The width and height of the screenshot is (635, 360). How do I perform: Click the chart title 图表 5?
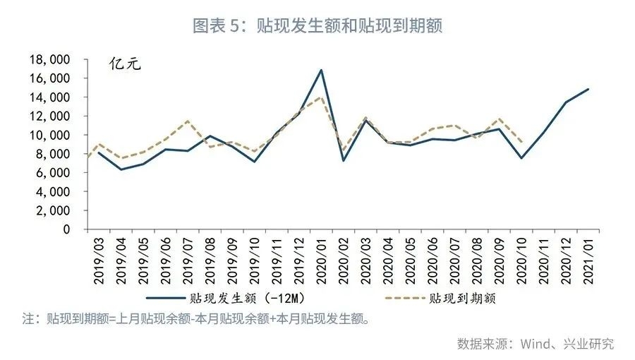tap(317, 26)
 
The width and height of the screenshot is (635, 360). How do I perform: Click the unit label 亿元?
tap(126, 65)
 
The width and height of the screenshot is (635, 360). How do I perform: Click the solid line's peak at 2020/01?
tap(322, 70)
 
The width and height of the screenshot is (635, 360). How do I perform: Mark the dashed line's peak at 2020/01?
tap(322, 97)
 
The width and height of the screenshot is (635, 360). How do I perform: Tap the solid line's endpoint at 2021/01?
tap(588, 89)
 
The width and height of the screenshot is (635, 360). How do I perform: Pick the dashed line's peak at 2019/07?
tap(188, 121)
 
